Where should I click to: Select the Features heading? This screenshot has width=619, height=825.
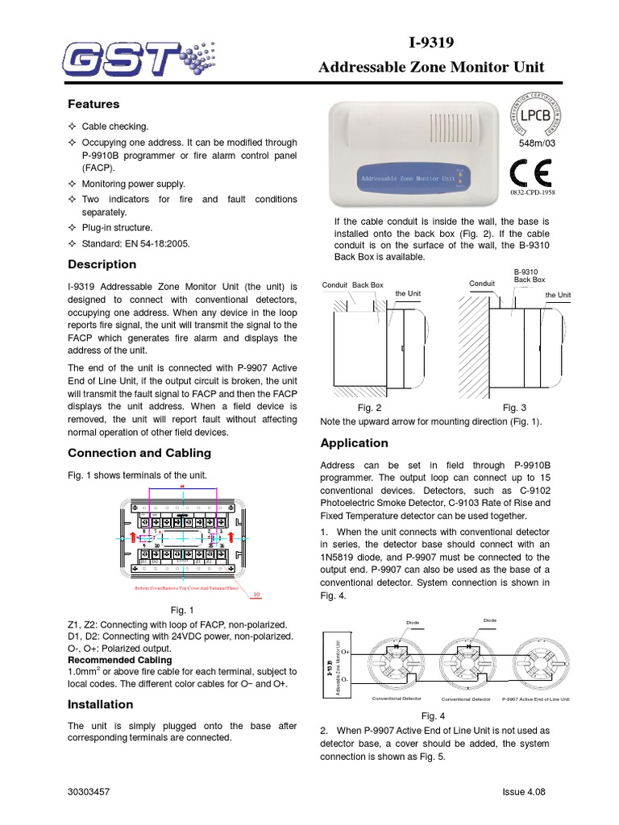[93, 104]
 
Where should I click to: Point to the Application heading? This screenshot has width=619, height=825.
[354, 443]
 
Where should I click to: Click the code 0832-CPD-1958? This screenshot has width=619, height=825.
[532, 193]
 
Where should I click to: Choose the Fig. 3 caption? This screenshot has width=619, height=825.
[514, 408]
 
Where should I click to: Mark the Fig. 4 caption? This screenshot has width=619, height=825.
[434, 716]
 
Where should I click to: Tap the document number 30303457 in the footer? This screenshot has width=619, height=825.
[89, 792]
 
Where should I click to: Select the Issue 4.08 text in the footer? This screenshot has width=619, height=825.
[524, 792]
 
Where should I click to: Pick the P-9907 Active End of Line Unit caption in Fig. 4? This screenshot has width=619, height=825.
[536, 699]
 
